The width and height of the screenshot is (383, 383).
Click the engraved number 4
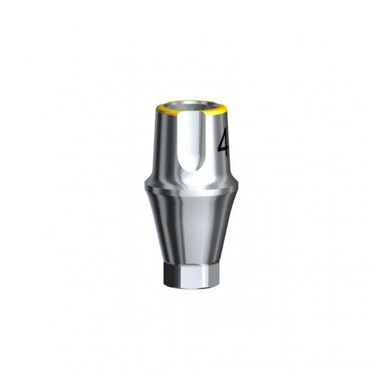[223, 141]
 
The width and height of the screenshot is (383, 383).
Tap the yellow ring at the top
[191, 113]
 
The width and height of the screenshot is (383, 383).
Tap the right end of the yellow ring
[228, 109]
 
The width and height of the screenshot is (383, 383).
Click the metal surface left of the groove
[165, 144]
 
